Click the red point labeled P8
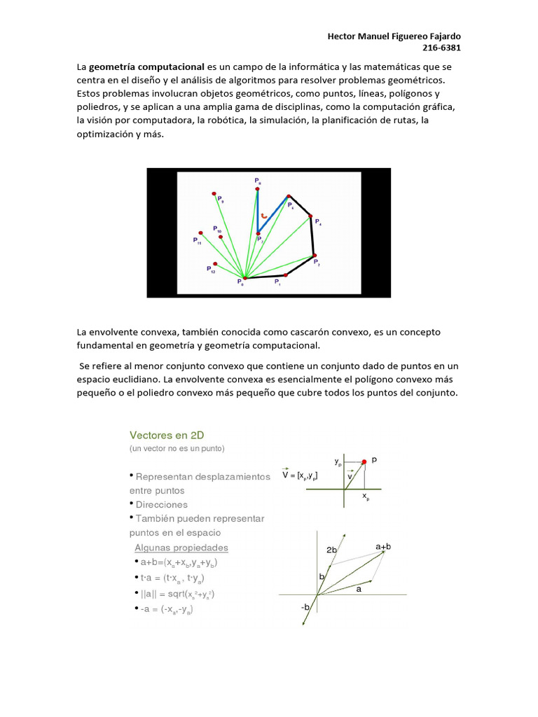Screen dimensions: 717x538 click(257, 188)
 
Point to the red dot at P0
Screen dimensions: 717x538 click(244, 279)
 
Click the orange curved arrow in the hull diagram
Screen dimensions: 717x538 click(264, 216)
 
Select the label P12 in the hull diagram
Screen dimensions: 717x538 click(210, 269)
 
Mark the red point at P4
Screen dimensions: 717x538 click(310, 217)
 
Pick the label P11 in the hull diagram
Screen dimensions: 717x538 click(197, 241)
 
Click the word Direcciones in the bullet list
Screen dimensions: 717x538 click(162, 504)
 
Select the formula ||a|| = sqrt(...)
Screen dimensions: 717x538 click(177, 594)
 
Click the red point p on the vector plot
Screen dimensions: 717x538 click(364, 461)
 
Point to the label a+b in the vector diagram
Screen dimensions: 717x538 click(382, 545)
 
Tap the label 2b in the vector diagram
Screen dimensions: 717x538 click(332, 550)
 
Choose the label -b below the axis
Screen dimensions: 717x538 click(305, 607)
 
